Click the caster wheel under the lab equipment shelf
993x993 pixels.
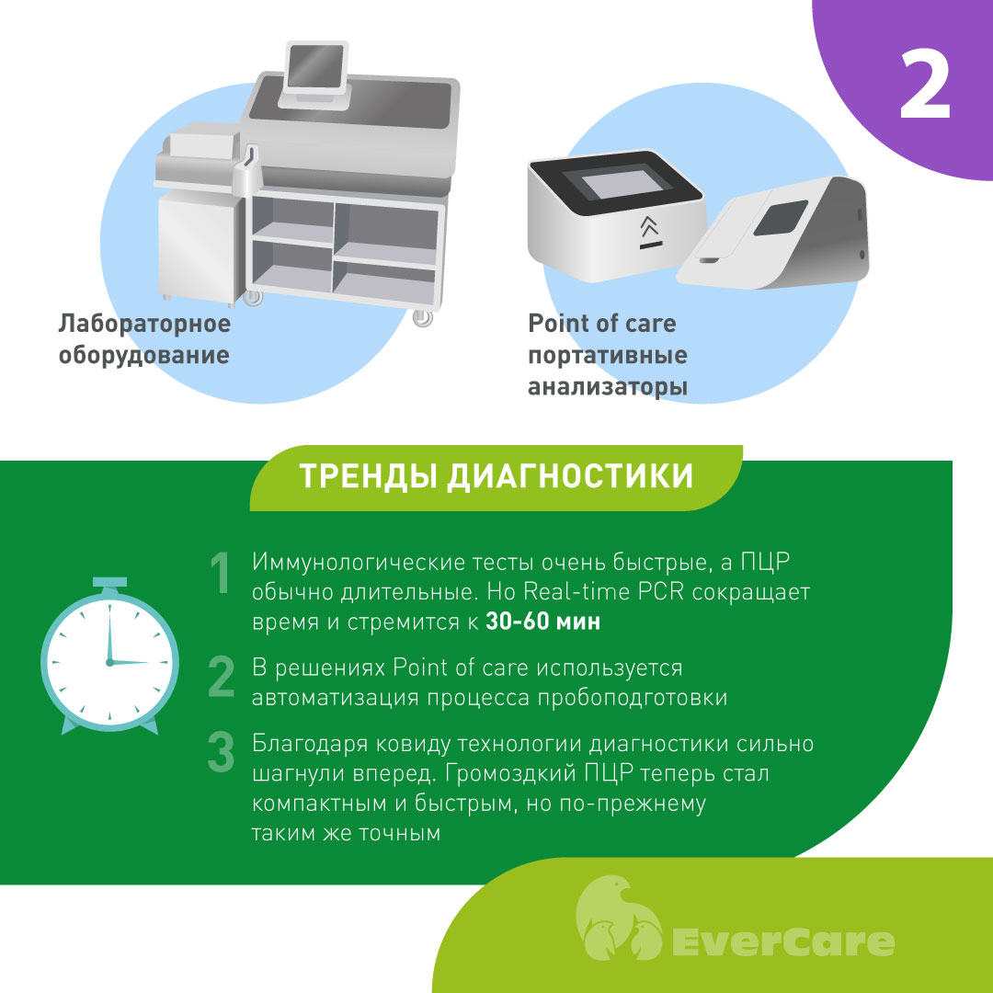pyautogui.click(x=422, y=316)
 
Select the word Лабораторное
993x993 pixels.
pyautogui.click(x=144, y=324)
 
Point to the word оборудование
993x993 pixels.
pyautogui.click(x=143, y=355)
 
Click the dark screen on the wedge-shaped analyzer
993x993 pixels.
pyautogui.click(x=781, y=217)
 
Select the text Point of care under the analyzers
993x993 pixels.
pyautogui.click(x=602, y=324)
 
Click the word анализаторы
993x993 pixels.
pyautogui.click(x=608, y=387)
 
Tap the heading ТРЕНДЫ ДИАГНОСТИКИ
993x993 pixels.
pyautogui.click(x=496, y=476)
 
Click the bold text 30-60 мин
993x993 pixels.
pyautogui.click(x=542, y=622)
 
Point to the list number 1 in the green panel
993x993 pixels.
pyautogui.click(x=221, y=573)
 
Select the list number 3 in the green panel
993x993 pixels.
pyautogui.click(x=221, y=752)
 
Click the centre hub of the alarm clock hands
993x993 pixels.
pyautogui.click(x=109, y=662)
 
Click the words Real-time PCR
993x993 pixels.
pyautogui.click(x=603, y=591)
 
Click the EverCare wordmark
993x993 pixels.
pyautogui.click(x=782, y=942)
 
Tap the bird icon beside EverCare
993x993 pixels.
pyautogui.click(x=619, y=917)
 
